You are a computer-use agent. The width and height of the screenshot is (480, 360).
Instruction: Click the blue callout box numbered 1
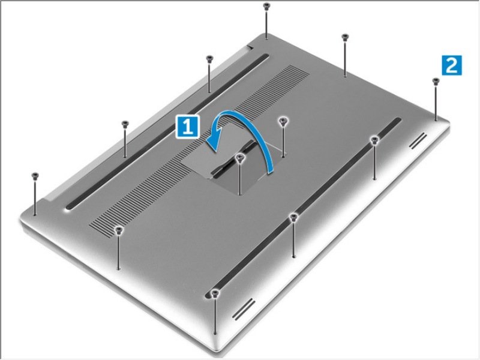click(188, 126)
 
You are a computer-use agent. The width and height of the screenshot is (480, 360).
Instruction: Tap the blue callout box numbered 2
click(452, 65)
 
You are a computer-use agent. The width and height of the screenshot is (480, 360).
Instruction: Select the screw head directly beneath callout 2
click(436, 81)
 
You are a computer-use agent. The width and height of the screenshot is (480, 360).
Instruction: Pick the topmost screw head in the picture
click(266, 5)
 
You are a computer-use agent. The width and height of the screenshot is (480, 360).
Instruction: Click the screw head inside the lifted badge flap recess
click(240, 157)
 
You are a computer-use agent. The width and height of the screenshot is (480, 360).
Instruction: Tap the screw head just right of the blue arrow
click(283, 121)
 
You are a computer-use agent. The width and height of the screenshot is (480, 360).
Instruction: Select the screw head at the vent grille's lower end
click(119, 230)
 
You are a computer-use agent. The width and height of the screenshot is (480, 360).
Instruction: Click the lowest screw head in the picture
click(215, 293)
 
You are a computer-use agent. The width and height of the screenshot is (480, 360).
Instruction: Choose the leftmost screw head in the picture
click(35, 175)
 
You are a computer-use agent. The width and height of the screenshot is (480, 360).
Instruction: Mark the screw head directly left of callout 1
click(124, 124)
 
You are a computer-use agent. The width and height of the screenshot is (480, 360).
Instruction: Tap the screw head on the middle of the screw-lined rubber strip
click(293, 217)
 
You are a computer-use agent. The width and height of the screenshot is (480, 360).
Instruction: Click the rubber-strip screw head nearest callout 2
click(374, 140)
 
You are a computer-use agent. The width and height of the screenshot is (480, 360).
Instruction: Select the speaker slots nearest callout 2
click(418, 141)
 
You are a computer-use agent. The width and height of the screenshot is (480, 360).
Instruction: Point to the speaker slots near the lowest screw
click(244, 310)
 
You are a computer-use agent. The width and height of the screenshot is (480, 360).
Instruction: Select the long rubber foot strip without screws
click(167, 132)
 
